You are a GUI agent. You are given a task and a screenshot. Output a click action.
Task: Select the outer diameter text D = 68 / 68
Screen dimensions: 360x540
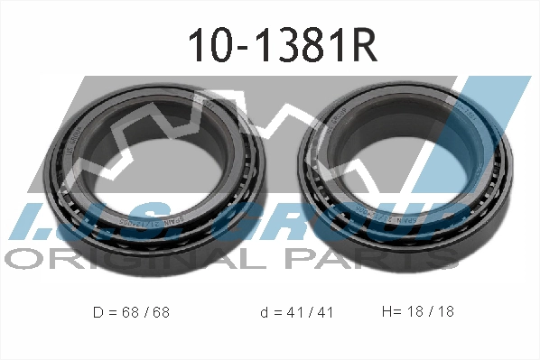(131, 313)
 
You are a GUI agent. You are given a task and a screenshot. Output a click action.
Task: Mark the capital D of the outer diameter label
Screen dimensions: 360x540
(98, 313)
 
